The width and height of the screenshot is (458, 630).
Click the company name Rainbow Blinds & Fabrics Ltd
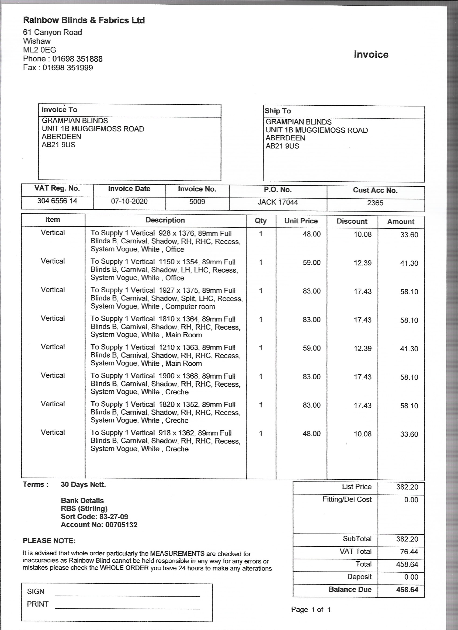click(x=84, y=20)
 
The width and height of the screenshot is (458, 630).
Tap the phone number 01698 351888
click(x=77, y=59)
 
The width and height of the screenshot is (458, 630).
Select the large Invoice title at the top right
click(x=371, y=54)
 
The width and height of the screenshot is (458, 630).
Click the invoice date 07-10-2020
click(x=129, y=201)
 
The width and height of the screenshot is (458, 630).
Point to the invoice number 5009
click(x=197, y=202)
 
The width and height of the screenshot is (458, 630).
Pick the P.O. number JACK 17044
click(x=278, y=202)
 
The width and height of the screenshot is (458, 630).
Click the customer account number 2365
click(x=375, y=203)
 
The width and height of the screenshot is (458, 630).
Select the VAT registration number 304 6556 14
click(x=57, y=201)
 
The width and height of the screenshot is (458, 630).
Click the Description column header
click(x=165, y=220)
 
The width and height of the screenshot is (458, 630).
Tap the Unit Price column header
click(x=301, y=221)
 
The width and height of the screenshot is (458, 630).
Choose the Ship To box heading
click(x=278, y=111)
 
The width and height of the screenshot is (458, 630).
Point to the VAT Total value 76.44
click(x=409, y=552)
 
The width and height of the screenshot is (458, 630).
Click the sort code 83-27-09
click(x=114, y=517)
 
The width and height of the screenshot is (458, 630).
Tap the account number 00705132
click(x=121, y=525)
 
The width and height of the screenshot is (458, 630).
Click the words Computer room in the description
click(x=190, y=307)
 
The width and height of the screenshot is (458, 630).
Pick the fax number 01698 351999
click(x=68, y=68)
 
